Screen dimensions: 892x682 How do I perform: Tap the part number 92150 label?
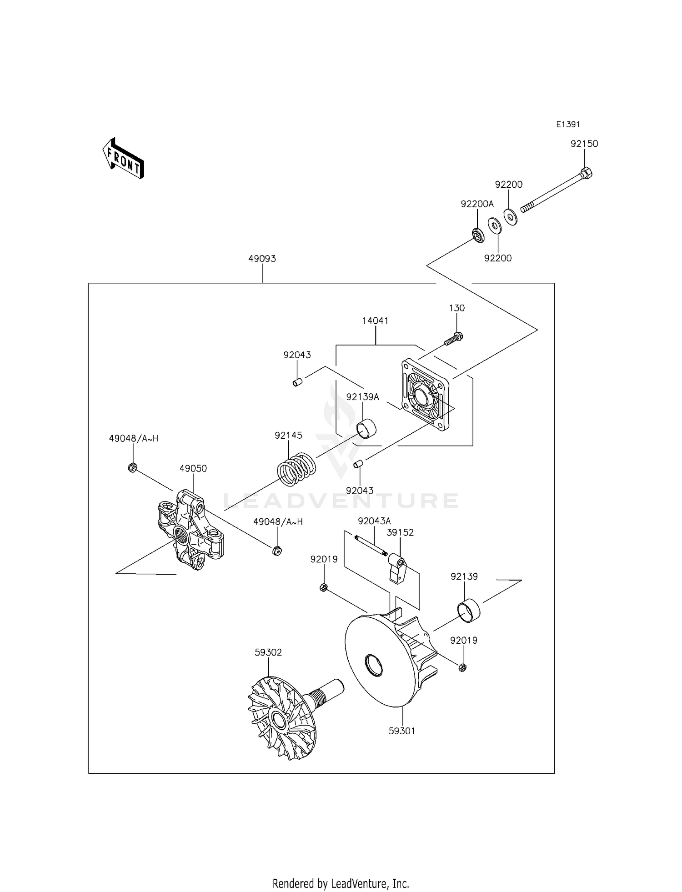(584, 144)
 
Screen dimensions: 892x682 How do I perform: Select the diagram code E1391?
(568, 125)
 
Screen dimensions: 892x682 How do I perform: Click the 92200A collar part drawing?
(477, 236)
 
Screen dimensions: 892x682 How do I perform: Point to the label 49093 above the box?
(262, 259)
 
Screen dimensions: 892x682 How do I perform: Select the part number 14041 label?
(375, 321)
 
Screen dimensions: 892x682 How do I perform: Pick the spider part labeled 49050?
(190, 530)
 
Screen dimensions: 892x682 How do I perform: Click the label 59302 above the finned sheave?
(268, 652)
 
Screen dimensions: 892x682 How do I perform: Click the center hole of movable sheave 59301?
(374, 666)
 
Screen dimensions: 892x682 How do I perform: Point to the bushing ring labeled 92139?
(468, 610)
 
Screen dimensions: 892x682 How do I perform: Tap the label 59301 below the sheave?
(402, 731)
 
